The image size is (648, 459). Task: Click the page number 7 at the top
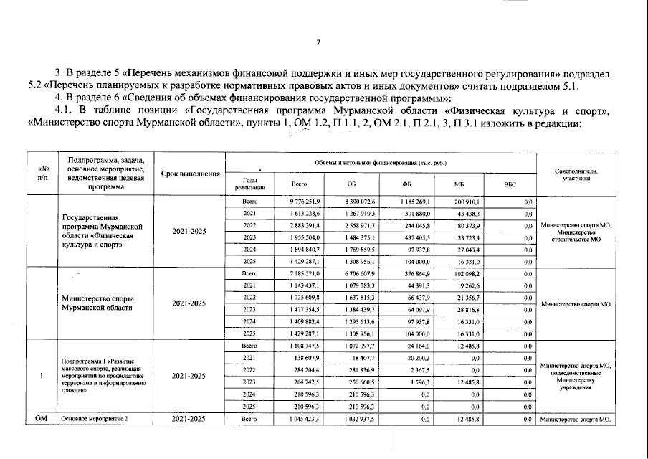318,42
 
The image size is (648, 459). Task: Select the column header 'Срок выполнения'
190,174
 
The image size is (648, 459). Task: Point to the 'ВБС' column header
510,184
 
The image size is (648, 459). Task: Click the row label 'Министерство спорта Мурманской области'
98,303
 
